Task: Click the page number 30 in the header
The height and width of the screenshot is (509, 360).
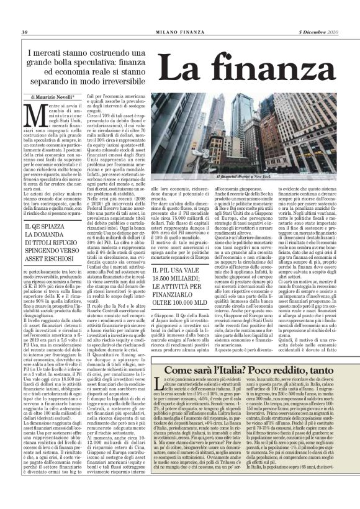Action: pos(24,14)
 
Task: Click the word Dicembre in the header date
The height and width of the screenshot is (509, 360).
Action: pos(305,14)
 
